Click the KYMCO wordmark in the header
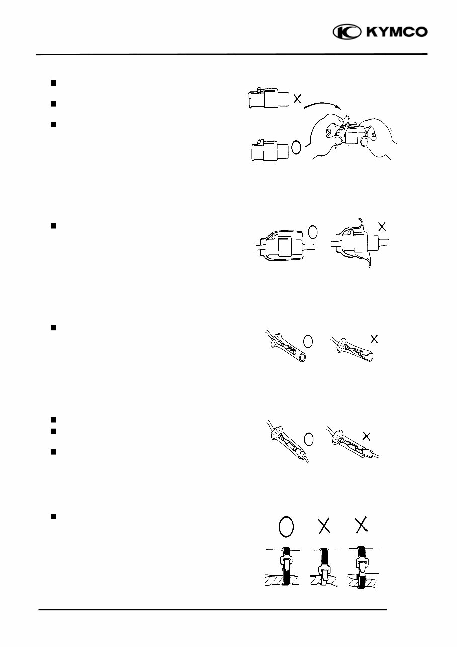click(x=397, y=32)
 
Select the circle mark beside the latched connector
click(x=296, y=147)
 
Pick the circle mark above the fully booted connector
click(x=313, y=232)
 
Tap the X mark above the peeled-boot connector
click(x=382, y=226)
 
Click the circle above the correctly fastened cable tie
click(x=286, y=526)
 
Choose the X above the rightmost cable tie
click(x=361, y=526)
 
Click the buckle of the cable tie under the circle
click(x=286, y=560)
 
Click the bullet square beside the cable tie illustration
click(x=53, y=517)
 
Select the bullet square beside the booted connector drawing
click(x=53, y=226)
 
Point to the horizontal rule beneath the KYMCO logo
click(x=231, y=54)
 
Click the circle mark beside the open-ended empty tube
click(x=309, y=341)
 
